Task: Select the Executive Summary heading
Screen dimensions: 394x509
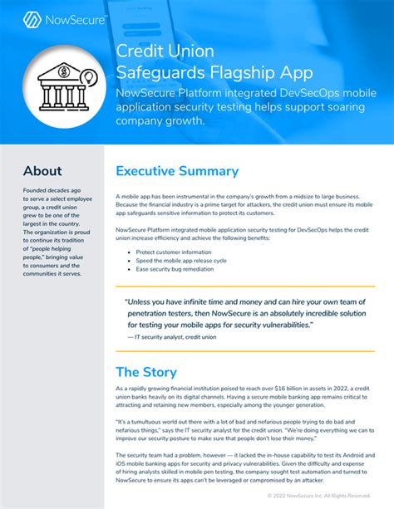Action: click(177, 171)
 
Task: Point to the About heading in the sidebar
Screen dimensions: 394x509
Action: click(42, 171)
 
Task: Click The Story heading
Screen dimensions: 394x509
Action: click(150, 372)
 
